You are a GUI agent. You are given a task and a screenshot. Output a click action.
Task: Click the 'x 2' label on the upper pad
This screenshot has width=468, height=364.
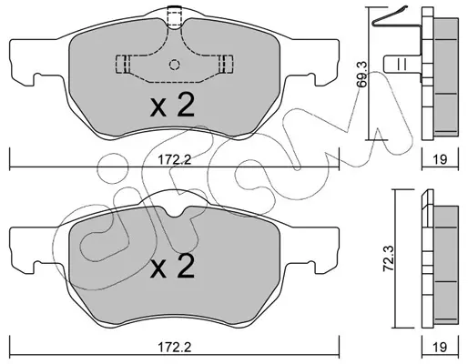pos(172,106)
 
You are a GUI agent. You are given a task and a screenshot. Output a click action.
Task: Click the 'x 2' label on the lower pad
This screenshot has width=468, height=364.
pos(172,266)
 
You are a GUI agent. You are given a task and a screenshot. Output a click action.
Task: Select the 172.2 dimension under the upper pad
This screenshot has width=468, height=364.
pos(175,159)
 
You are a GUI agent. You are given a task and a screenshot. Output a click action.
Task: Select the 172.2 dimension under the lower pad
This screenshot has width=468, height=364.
pos(175,347)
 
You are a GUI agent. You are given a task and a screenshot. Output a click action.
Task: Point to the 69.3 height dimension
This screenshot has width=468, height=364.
pos(362,75)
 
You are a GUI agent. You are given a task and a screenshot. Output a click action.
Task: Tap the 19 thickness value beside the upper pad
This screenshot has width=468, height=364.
pos(440,159)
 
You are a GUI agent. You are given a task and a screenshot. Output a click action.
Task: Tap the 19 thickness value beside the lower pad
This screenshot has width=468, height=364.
pos(440,347)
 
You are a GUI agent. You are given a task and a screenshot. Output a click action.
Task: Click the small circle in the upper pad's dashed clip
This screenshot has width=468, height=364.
pos(174,65)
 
